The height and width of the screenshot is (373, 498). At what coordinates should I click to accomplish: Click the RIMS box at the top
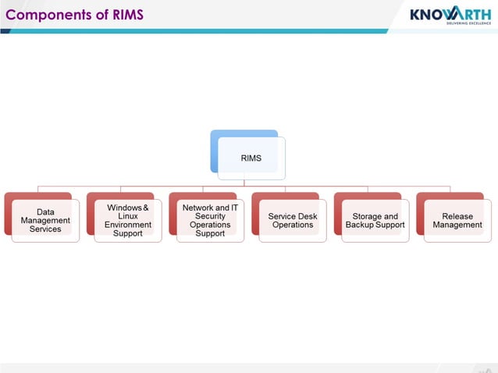coord(251,158)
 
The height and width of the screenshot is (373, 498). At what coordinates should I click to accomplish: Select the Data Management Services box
coord(45,220)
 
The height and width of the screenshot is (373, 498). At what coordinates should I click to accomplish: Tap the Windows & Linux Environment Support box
coord(128,220)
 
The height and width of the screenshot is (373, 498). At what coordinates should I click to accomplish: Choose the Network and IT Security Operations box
coord(210,220)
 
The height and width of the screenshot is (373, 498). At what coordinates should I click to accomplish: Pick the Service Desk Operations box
coord(293,220)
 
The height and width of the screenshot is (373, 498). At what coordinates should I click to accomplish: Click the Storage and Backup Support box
coord(375,220)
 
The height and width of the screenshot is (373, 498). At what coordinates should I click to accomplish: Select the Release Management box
coord(457,220)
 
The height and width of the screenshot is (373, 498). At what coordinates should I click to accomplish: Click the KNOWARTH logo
coord(450,15)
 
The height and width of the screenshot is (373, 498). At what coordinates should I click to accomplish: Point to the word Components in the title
coord(44,15)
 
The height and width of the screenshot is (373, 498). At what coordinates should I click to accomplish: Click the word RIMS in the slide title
coord(126,15)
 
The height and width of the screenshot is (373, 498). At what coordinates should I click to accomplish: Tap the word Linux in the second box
coord(128,216)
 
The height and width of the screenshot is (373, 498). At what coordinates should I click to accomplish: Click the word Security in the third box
coord(211,216)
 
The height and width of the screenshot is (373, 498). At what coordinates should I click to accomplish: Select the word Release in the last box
coord(457,216)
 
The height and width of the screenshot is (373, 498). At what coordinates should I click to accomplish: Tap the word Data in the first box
coord(45,211)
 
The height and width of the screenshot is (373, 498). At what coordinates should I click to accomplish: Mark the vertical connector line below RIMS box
coord(244,183)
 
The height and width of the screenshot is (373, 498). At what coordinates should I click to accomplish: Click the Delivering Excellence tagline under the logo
coord(468,24)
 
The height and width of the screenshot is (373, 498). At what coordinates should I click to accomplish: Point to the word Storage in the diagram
coord(368,216)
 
